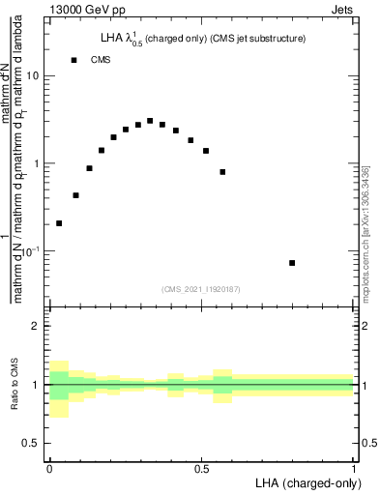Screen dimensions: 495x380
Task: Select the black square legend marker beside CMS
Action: pos(73,60)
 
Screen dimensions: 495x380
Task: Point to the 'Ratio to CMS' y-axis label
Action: pos(15,384)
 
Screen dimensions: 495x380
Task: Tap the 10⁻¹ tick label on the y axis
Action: pos(31,250)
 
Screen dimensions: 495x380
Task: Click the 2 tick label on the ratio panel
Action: pos(37,326)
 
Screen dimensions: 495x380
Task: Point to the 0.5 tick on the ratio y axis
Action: pos(32,443)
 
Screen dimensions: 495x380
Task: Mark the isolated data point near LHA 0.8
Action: pos(292,263)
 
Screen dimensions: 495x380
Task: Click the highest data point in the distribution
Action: pos(150,121)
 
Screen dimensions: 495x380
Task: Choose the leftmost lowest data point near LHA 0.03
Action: pos(59,223)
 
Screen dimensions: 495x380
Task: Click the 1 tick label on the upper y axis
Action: pos(37,163)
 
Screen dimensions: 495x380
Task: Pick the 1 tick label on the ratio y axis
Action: pos(37,385)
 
